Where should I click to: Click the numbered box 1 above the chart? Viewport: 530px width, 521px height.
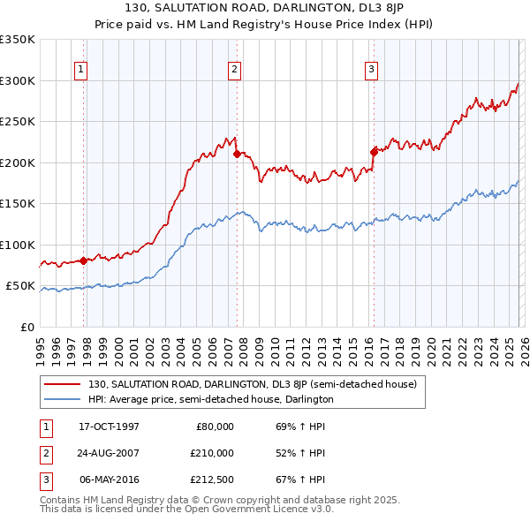80,70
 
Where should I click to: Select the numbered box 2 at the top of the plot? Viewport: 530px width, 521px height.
234,70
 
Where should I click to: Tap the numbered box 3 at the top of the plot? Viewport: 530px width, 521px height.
371,70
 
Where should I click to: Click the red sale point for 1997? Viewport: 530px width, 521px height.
83,260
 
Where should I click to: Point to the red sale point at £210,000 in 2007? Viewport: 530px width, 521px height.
237,154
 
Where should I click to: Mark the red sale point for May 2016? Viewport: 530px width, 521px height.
374,152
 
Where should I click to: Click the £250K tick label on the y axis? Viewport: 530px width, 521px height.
18,122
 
